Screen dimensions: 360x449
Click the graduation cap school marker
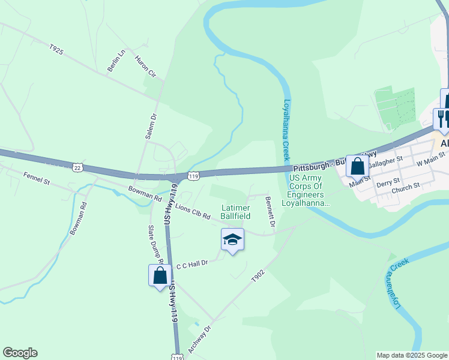[232, 240]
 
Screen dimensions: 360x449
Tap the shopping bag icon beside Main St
[357, 166]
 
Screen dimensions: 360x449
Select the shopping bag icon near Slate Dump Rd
[160, 275]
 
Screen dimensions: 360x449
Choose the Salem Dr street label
[151, 127]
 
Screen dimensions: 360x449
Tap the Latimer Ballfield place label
[235, 211]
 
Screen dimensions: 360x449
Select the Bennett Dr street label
[270, 212]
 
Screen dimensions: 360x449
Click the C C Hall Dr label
[191, 264]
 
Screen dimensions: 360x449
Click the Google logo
[20, 353]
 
